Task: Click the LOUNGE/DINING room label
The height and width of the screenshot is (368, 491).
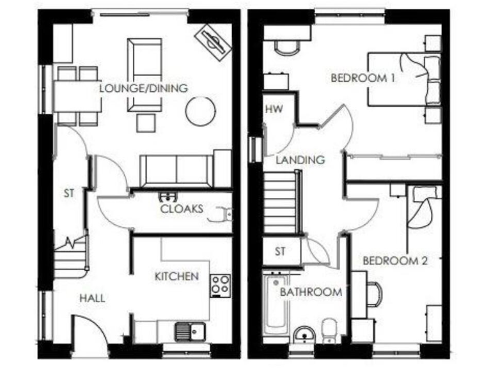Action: point(143,88)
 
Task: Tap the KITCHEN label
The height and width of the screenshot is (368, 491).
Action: point(176,277)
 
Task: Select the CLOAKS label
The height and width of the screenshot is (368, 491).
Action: point(182,208)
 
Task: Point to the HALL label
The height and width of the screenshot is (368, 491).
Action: point(92,298)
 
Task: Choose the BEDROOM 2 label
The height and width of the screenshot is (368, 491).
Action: point(394,261)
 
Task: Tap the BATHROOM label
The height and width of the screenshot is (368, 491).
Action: point(311,292)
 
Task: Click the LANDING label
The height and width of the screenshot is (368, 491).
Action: point(300,160)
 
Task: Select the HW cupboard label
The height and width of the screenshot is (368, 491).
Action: point(274,109)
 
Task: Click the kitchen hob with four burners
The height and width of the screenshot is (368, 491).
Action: point(221,284)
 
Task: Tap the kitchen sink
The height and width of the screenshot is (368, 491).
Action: point(189,332)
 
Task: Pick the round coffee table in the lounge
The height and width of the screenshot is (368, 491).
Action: point(200,111)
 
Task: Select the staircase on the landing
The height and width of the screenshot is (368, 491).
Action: point(281,204)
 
